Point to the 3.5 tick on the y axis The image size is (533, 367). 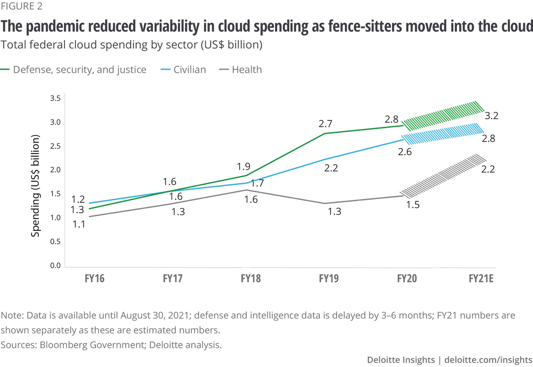coord(55,98)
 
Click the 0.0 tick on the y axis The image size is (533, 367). coord(55,265)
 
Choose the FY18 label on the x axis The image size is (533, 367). coord(251,278)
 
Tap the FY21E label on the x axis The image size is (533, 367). coord(481,278)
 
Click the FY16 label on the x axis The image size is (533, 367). coord(95,278)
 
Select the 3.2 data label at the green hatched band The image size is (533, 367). coord(491,116)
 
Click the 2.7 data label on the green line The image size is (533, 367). coord(325,124)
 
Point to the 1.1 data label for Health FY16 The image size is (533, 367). coord(79,224)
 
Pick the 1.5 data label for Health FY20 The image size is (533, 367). coord(413,205)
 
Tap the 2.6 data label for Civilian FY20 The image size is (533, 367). coord(405,152)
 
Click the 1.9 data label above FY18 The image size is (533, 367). coord(244,167)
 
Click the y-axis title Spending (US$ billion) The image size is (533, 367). coord(35,186)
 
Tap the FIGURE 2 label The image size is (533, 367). coord(22,6)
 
